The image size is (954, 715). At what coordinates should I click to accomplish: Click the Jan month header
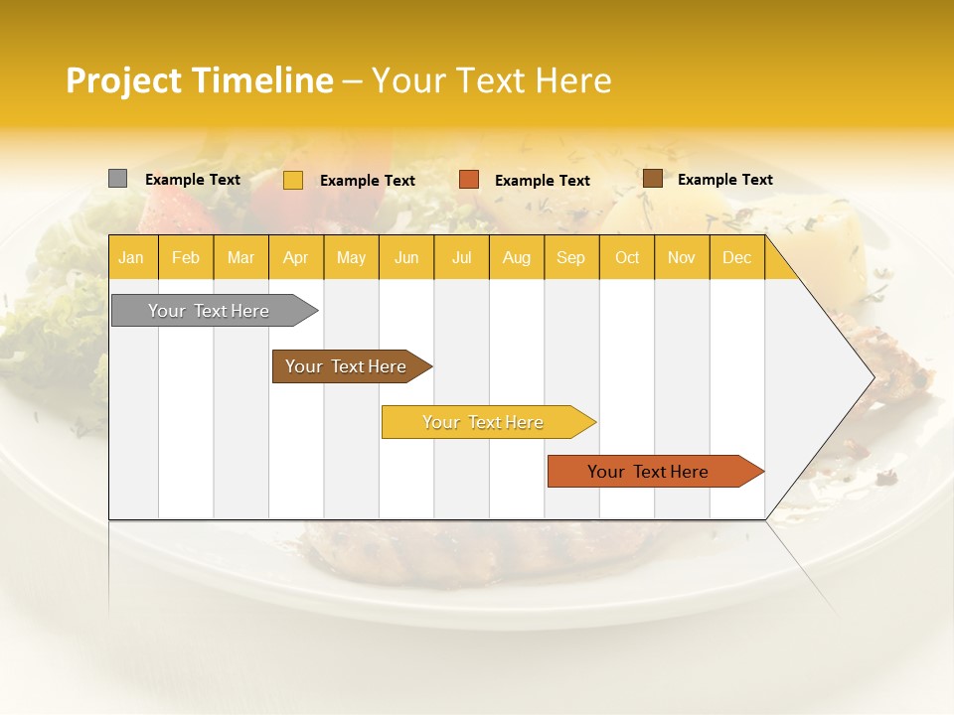131,258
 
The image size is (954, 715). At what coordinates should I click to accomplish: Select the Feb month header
186,258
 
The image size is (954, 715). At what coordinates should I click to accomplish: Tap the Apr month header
296,258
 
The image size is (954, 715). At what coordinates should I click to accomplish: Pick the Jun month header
406,258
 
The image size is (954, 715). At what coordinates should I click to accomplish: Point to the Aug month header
517,258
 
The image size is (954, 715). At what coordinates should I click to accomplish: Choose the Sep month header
571,258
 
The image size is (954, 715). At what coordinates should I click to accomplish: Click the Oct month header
627,258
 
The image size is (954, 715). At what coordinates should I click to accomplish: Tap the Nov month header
682,258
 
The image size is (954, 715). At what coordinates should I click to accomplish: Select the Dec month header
737,258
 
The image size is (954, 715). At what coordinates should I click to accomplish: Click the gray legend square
118,179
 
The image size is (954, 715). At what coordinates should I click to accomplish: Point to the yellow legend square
293,180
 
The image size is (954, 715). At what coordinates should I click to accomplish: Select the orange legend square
469,180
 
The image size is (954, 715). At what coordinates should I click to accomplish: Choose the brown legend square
653,179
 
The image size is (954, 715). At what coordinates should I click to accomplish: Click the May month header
351,258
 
